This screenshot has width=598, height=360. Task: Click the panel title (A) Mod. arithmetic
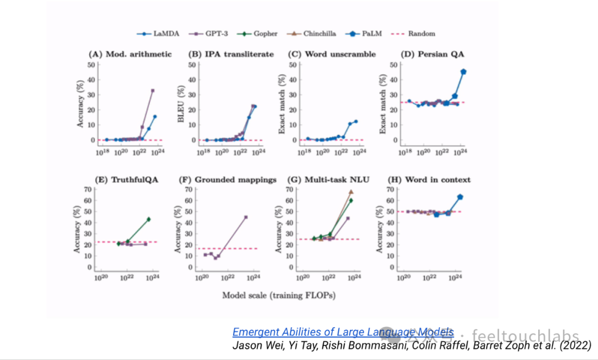pyautogui.click(x=131, y=54)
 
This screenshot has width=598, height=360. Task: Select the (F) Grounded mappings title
pyautogui.click(x=228, y=179)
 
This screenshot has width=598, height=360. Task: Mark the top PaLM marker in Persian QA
pyautogui.click(x=463, y=71)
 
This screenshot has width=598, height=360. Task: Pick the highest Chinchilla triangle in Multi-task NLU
pyautogui.click(x=351, y=192)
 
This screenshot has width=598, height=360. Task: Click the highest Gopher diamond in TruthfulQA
pyautogui.click(x=148, y=219)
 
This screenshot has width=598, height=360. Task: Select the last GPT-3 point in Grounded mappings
pyautogui.click(x=246, y=217)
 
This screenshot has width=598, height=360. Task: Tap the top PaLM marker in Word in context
pyautogui.click(x=460, y=197)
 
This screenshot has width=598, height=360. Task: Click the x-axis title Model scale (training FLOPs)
pyautogui.click(x=279, y=295)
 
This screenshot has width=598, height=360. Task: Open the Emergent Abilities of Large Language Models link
pyautogui.click(x=343, y=332)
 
